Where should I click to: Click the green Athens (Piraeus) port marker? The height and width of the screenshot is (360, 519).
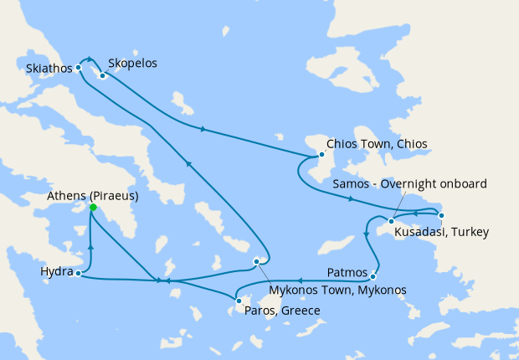tap(93, 208)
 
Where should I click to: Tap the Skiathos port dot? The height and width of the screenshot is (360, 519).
tap(78, 67)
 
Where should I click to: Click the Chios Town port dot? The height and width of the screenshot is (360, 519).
tap(321, 154)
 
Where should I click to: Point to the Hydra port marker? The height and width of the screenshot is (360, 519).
tap(78, 273)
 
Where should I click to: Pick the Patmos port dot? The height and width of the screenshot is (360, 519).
tap(373, 276)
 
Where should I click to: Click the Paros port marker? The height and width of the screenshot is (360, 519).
tap(239, 301)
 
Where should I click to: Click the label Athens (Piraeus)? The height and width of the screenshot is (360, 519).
tap(93, 196)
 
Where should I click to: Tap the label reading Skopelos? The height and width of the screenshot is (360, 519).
tap(132, 63)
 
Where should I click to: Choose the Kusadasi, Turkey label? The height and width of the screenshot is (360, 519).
tap(441, 231)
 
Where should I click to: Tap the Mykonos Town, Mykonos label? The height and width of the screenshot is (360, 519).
tap(337, 290)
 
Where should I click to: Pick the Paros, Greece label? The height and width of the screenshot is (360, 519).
tap(281, 311)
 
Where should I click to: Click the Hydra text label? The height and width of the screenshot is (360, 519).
tap(55, 272)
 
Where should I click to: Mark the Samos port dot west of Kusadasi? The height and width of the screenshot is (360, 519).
tap(390, 220)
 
